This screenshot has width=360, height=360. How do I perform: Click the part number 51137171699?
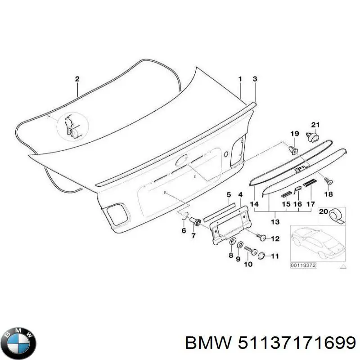click(297, 344)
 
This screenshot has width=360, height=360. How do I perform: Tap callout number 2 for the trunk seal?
click(77, 79)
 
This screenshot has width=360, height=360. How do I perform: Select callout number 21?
click(315, 125)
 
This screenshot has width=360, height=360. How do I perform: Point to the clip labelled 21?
click(312, 137)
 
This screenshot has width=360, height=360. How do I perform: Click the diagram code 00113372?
click(303, 265)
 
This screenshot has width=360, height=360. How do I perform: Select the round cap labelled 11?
click(261, 256)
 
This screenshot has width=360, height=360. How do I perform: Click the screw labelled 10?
click(251, 250)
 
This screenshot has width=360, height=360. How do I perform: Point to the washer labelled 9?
click(240, 245)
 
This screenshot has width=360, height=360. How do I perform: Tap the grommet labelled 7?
click(195, 221)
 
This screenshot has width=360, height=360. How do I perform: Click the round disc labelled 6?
click(185, 216)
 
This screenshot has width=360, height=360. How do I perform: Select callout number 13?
click(275, 222)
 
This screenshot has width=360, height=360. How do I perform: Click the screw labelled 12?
click(262, 237)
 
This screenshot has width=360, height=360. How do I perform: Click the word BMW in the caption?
click(208, 344)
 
